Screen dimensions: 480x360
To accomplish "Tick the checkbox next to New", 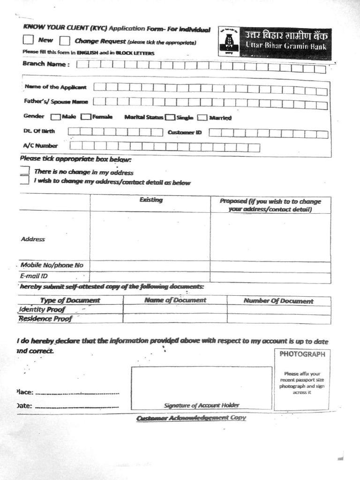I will pos(28,40).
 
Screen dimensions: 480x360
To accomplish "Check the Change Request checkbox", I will pos(65,41).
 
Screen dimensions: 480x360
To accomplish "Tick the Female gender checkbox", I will pos(86,117).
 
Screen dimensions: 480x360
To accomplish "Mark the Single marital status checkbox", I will pos(170,118).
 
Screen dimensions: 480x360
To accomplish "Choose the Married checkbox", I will pos(202,118).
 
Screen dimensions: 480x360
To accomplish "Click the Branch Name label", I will pos(45,64).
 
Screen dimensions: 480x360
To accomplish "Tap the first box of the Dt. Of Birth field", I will pos(74,132).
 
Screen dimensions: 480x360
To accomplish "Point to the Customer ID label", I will pos(185,133).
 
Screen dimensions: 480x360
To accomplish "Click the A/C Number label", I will pos(40,146).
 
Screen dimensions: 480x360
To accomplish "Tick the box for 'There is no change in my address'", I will pos(25,171).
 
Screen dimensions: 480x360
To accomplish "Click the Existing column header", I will pos(150,200).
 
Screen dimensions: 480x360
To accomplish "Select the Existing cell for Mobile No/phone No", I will pos(150,266).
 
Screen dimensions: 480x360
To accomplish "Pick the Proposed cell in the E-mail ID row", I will pos(270,277).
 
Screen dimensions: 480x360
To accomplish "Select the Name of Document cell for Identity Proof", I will pos(175,309).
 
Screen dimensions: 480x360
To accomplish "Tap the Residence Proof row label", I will pos(45,319).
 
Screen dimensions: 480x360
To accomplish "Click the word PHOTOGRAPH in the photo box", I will pos(302,354).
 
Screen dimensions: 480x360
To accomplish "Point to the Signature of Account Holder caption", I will pos(202,405).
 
